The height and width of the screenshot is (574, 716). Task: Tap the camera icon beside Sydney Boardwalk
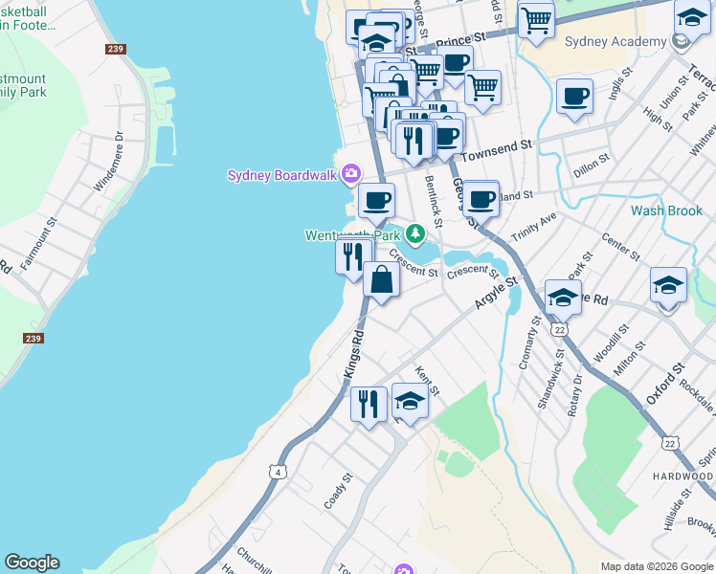(x=350, y=173)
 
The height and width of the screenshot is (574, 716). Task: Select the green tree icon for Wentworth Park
(x=414, y=233)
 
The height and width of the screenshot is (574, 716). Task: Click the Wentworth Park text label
(x=351, y=235)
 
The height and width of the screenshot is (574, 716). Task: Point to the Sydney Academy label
(x=615, y=41)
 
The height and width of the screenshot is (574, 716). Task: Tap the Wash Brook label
(x=666, y=210)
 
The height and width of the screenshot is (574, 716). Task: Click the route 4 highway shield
(x=278, y=472)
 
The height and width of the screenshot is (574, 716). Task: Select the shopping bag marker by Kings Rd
(x=381, y=281)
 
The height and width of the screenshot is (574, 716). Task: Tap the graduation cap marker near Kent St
(x=410, y=402)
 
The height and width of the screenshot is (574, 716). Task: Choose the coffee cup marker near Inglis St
(x=574, y=97)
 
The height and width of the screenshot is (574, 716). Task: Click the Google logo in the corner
(x=32, y=563)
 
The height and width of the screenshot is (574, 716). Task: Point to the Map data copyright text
(x=657, y=566)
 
